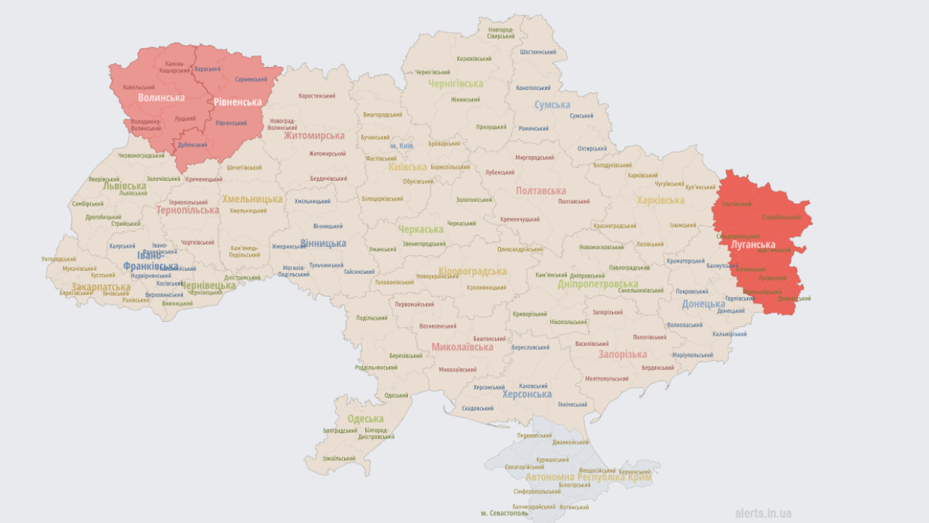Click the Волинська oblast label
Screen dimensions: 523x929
coord(161,97)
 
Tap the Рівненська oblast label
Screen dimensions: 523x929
coord(237,102)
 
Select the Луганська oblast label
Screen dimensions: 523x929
coord(753,245)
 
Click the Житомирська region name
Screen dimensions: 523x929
coord(314,136)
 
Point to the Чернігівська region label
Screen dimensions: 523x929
coord(455,84)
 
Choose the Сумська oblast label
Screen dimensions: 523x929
coord(552,105)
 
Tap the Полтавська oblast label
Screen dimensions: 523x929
coord(541,191)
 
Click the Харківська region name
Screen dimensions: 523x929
coord(660,200)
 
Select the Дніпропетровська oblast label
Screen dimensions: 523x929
coord(598,284)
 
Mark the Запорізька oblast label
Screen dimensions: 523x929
coord(622,354)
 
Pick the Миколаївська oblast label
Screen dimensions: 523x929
coord(462,347)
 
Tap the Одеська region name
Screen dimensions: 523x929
coord(365,419)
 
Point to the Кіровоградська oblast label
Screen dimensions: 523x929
coord(472,271)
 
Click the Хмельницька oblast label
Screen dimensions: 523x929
coord(252,199)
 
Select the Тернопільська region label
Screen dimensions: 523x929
coord(187,211)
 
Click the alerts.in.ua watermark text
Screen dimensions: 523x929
coord(763,513)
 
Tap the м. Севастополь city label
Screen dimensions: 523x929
coord(506,514)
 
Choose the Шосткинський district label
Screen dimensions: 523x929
coord(539,52)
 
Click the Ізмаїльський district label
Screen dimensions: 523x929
coord(339,458)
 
